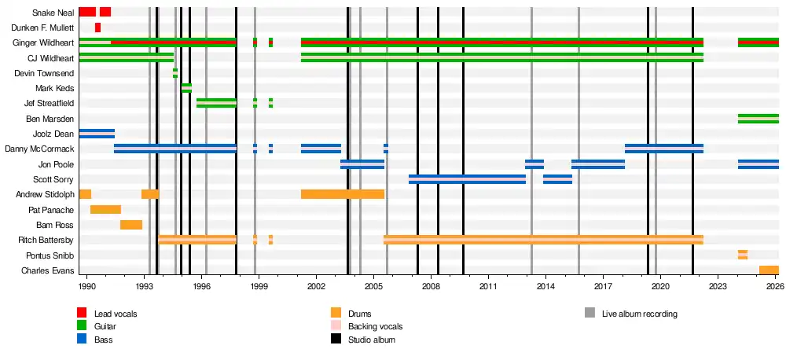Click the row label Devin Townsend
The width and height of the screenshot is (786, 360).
(50, 73)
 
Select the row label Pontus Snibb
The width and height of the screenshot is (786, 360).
(50, 255)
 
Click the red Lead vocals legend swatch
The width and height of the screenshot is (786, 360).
(82, 313)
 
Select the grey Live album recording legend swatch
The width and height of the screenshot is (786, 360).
(589, 313)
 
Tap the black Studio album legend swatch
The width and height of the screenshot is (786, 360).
(336, 339)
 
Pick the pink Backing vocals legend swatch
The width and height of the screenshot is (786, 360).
(336, 326)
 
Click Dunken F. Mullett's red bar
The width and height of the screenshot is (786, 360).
(97, 28)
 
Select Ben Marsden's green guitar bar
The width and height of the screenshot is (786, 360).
(758, 119)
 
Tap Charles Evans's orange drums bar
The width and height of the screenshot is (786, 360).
(769, 270)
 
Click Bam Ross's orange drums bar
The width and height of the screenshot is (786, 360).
(131, 225)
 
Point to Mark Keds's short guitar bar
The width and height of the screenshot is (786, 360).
(186, 88)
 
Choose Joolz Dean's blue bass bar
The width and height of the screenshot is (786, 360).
(97, 134)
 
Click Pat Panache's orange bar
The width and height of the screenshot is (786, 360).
(106, 210)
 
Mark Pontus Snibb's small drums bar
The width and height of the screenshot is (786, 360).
(743, 255)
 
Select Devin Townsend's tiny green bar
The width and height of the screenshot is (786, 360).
(175, 73)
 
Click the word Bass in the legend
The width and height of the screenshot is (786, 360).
(103, 340)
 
